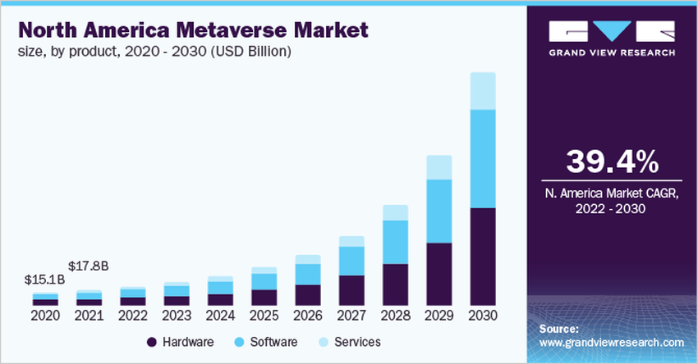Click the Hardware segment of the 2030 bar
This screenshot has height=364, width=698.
(x=483, y=257)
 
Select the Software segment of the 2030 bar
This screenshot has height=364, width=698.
(x=483, y=158)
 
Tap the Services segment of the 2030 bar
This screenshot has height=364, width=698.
(x=483, y=91)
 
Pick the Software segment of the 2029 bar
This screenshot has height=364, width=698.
(x=439, y=211)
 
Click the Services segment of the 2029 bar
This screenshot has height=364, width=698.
(x=439, y=167)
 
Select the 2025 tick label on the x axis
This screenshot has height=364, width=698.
(x=264, y=315)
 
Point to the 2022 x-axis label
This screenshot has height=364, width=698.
(x=133, y=315)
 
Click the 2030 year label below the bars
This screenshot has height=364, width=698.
(x=483, y=315)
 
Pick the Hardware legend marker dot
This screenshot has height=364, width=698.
(x=152, y=342)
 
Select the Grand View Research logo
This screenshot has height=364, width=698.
(x=611, y=38)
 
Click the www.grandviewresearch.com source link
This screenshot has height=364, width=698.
(x=612, y=342)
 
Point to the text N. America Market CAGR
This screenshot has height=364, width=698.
(x=611, y=193)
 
